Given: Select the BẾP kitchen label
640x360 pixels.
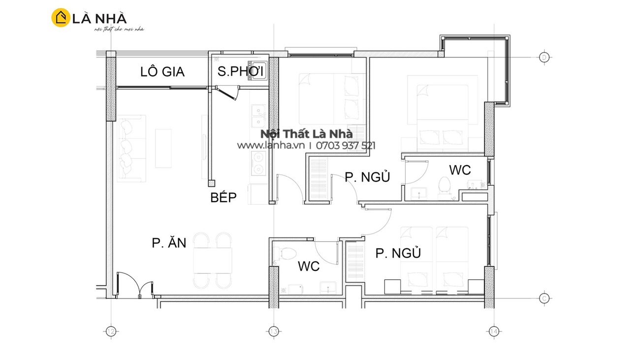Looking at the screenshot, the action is [x=224, y=197].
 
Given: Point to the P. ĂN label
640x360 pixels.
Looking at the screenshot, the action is [x=169, y=242].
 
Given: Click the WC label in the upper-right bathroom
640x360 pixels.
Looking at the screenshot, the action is [x=460, y=170].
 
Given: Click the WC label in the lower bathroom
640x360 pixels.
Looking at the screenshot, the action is [x=309, y=266].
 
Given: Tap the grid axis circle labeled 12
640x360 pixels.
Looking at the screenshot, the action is [x=111, y=331].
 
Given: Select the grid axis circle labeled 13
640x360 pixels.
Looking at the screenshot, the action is [x=274, y=331].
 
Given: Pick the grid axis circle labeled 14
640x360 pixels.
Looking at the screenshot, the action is [x=494, y=331].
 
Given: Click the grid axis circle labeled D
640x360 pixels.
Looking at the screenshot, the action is [x=544, y=58].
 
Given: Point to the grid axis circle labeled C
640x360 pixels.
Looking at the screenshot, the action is [x=544, y=298].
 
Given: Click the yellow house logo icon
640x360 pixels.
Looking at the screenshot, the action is [x=61, y=17].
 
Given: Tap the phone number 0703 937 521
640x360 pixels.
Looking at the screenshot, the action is [x=346, y=146].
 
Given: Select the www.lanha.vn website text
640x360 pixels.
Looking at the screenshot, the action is [x=271, y=145].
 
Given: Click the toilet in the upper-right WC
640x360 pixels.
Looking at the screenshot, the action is [x=444, y=186].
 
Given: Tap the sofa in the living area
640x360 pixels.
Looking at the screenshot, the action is [x=132, y=149].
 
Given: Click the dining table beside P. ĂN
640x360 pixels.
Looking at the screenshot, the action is [x=213, y=261].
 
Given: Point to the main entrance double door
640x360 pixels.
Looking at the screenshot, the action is [x=134, y=285].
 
